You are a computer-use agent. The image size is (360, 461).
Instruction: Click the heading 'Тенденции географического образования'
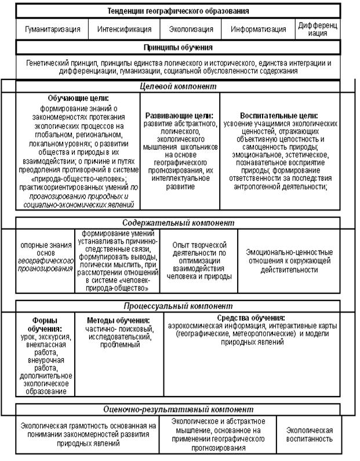[179, 11]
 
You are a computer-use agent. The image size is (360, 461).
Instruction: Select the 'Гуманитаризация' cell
[52, 29]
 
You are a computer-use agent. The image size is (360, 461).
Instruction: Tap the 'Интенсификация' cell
[124, 29]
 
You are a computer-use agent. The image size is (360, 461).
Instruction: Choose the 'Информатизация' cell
[258, 29]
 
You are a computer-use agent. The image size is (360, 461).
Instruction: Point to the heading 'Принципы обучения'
[178, 47]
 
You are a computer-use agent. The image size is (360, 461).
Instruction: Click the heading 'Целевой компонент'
[179, 86]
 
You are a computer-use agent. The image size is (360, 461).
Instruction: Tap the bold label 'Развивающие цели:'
[179, 115]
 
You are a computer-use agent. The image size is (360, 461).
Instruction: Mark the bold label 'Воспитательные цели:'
[279, 115]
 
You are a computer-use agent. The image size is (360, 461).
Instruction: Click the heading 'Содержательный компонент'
[179, 223]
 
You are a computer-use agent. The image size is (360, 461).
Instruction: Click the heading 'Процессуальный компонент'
[179, 306]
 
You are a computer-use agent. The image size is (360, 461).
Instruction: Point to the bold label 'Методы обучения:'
[118, 320]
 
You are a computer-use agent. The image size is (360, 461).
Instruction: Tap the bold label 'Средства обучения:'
[250, 318]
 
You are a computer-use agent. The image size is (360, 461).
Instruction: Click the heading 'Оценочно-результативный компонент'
[179, 409]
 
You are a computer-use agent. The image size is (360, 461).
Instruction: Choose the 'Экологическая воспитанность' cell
[309, 434]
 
